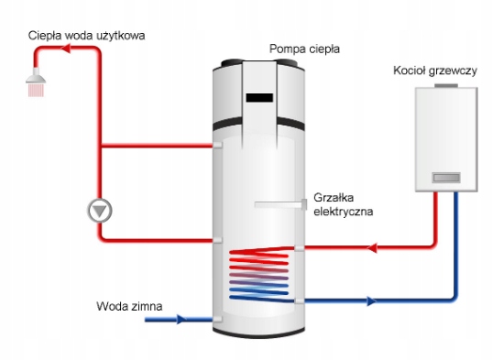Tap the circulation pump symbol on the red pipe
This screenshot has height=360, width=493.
[100, 210]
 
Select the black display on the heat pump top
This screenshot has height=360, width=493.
[259, 95]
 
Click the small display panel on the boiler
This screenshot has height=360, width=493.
[447, 173]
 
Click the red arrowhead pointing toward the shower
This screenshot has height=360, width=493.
[65, 54]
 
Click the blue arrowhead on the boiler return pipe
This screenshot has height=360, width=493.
[370, 300]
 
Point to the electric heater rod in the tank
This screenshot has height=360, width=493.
[279, 202]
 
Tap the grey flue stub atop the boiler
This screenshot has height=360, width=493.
[447, 85]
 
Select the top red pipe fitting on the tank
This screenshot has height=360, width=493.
[218, 145]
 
